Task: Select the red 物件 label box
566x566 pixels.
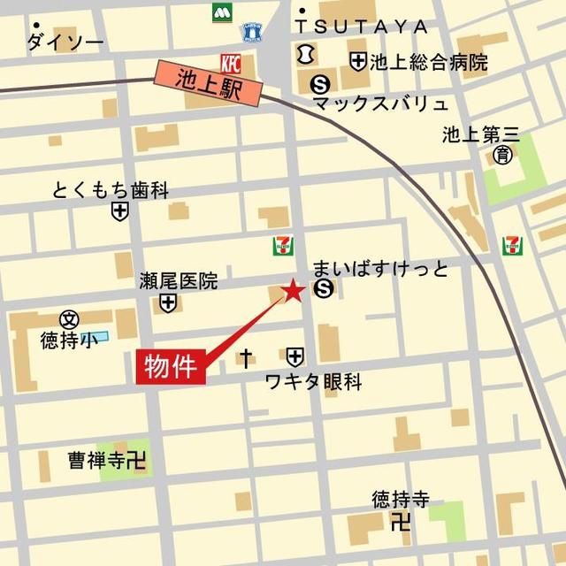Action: [172, 365]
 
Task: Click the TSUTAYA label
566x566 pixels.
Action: [370, 27]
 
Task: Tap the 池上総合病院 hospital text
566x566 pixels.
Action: [430, 62]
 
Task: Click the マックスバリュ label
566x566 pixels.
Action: [381, 104]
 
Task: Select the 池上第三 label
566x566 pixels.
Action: [481, 135]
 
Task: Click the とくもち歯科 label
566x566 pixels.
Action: [111, 190]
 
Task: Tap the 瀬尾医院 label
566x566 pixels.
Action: [178, 282]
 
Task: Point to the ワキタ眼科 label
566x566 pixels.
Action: [314, 382]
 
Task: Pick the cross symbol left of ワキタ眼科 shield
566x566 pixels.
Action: [247, 357]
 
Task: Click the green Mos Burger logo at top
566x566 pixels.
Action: [220, 14]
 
